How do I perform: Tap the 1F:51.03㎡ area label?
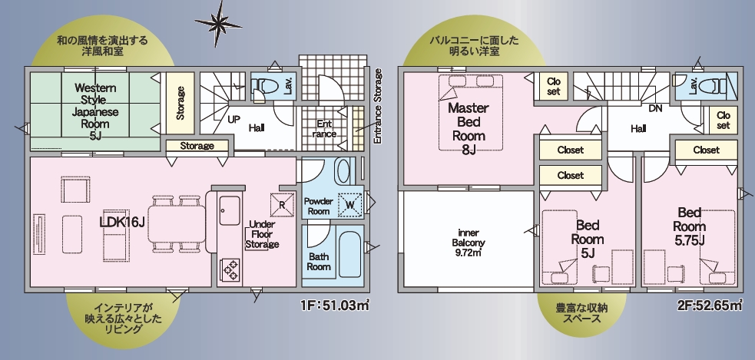(x=335, y=306)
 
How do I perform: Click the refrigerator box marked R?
(x=282, y=204)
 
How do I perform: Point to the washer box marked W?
(x=350, y=204)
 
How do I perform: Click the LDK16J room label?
(x=122, y=223)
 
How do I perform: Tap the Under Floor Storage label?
(x=262, y=234)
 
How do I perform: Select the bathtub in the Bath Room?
(x=349, y=254)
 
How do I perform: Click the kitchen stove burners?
(x=230, y=269)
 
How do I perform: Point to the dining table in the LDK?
(x=176, y=224)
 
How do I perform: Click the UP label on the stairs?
(x=233, y=118)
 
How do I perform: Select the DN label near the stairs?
(x=655, y=109)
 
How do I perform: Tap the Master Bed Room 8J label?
(x=468, y=129)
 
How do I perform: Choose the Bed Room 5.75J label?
(x=690, y=226)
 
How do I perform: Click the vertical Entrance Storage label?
(x=378, y=106)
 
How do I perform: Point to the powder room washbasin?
(x=343, y=170)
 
